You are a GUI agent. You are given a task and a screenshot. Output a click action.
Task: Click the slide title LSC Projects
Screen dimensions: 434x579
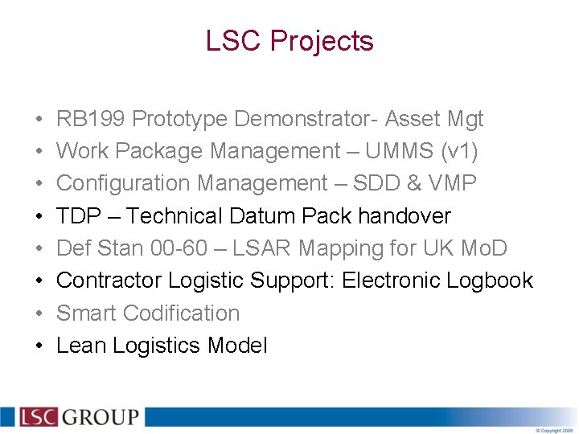pyautogui.click(x=289, y=41)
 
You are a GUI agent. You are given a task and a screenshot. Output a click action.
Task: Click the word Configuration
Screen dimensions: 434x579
pyautogui.click(x=124, y=183)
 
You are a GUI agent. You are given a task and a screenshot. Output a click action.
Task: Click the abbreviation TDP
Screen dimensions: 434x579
pyautogui.click(x=79, y=216)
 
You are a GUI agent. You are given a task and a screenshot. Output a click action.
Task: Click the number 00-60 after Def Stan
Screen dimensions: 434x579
pyautogui.click(x=179, y=248)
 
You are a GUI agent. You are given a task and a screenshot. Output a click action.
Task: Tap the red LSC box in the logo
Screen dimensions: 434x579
pyautogui.click(x=38, y=417)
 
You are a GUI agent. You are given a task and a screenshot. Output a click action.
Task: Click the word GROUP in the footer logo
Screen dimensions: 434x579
pyautogui.click(x=101, y=417)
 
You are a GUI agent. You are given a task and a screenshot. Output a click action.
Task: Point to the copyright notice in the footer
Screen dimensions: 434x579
pyautogui.click(x=555, y=430)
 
